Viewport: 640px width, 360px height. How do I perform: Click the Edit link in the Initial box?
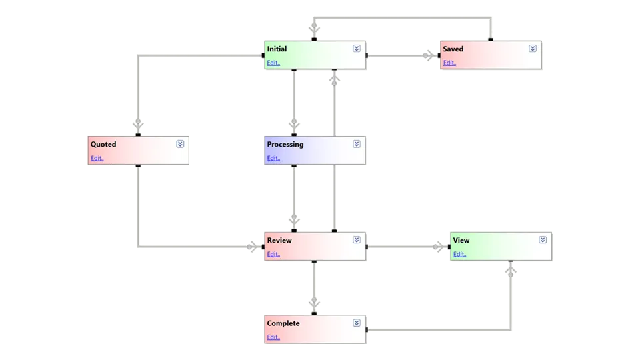click(x=273, y=63)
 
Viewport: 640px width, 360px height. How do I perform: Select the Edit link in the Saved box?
click(x=449, y=63)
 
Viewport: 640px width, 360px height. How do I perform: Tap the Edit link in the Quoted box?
click(x=97, y=159)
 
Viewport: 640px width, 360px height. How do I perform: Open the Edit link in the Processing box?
click(x=273, y=159)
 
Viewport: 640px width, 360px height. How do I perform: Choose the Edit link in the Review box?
click(x=273, y=255)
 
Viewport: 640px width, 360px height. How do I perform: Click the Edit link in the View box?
click(x=459, y=255)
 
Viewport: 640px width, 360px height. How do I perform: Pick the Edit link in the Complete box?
click(x=273, y=337)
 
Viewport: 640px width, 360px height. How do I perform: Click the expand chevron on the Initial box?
click(x=357, y=49)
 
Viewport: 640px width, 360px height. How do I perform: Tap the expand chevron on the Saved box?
click(x=533, y=49)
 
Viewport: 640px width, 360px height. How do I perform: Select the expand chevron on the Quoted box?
click(x=180, y=144)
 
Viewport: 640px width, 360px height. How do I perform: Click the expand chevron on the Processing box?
click(x=357, y=144)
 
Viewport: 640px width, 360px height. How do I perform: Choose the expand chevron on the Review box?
click(x=357, y=240)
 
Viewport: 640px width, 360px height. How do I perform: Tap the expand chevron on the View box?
click(x=543, y=240)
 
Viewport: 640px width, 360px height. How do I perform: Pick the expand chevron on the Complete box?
click(x=357, y=323)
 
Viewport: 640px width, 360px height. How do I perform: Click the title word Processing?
click(x=285, y=144)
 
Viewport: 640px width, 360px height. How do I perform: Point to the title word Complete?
click(x=283, y=323)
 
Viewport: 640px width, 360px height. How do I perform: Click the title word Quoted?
click(x=103, y=144)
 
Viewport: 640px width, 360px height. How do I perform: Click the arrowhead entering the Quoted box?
click(x=138, y=125)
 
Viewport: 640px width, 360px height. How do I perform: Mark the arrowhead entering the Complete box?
click(x=313, y=303)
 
